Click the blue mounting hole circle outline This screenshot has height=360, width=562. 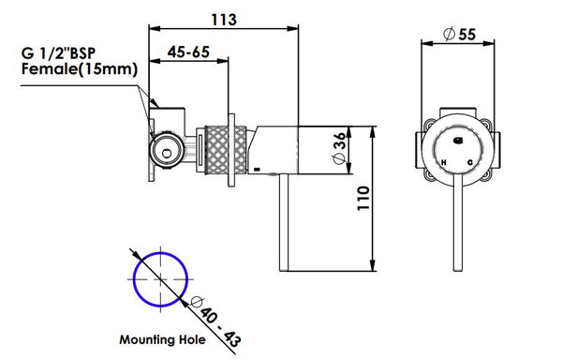pos(134,280)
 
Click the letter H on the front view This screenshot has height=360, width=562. pos(443,161)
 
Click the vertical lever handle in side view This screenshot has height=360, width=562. pos(288,220)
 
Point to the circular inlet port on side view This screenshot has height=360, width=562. pos(167,148)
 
